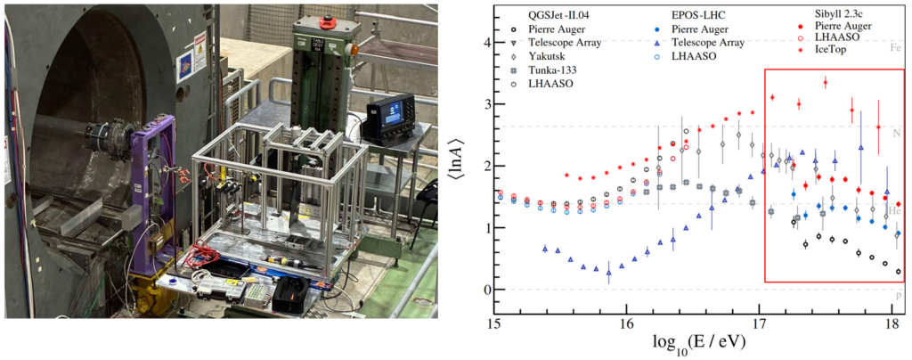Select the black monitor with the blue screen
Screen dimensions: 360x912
pyautogui.click(x=389, y=120)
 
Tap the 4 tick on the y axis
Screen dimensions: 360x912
pyautogui.click(x=484, y=43)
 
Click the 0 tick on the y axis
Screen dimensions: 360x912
pyautogui.click(x=484, y=290)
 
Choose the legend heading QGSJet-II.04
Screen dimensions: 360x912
pyautogui.click(x=560, y=14)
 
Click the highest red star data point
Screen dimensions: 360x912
pyautogui.click(x=826, y=82)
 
